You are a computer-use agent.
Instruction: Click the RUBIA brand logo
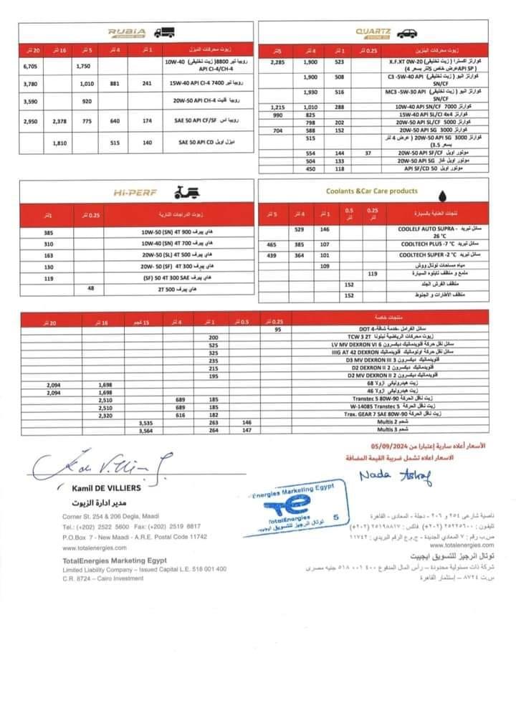[127, 32]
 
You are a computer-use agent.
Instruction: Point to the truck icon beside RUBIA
[164, 32]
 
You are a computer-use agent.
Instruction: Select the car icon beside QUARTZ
[406, 33]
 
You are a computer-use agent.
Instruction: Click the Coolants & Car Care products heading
[372, 191]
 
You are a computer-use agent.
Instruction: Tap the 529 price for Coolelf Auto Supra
[300, 229]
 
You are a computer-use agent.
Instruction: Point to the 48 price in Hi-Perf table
[90, 287]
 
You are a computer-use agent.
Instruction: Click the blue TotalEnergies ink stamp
[295, 512]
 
